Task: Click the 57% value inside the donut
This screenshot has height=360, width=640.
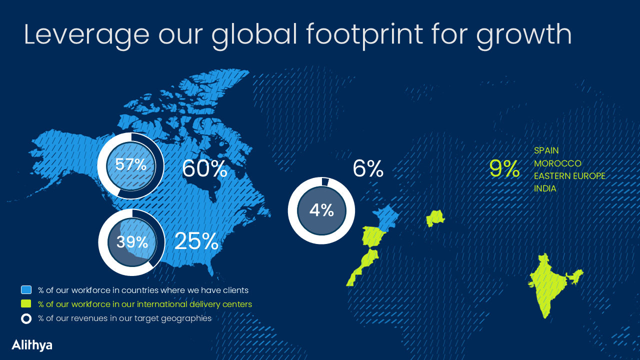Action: [x=130, y=164]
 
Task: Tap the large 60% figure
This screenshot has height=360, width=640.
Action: [x=204, y=168]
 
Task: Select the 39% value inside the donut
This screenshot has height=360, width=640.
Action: [x=132, y=242]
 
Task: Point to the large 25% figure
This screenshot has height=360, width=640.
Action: [x=196, y=241]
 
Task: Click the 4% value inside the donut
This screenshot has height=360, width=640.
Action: [x=321, y=210]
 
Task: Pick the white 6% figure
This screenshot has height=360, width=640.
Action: [x=368, y=168]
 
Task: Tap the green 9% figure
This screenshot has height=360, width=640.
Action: [x=504, y=168]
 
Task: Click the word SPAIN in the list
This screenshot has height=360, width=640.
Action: [x=546, y=150]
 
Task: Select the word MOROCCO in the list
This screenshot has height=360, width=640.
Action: [x=557, y=163]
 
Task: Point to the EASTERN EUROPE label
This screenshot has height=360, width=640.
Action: [x=569, y=176]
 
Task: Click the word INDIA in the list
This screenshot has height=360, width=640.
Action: [x=545, y=188]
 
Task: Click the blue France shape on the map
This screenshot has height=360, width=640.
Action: [x=385, y=217]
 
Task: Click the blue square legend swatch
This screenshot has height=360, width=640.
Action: [x=26, y=290]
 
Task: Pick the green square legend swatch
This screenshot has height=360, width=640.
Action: [x=26, y=303]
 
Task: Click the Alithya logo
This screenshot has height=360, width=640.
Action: [x=32, y=345]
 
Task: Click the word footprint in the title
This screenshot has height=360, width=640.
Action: [x=364, y=35]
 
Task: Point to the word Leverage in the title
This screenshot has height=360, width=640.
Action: [x=86, y=35]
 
